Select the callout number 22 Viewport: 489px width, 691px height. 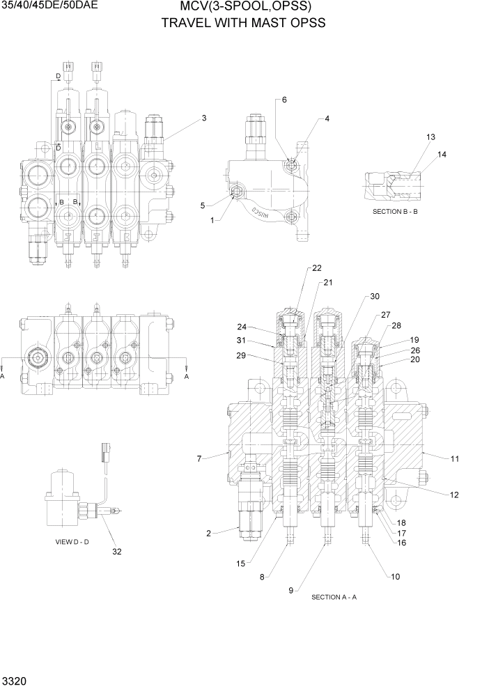click(x=317, y=268)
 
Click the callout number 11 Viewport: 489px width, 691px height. click(x=455, y=458)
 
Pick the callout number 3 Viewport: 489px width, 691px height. click(x=204, y=118)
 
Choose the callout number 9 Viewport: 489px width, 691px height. click(x=291, y=591)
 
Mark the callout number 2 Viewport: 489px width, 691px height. click(x=208, y=533)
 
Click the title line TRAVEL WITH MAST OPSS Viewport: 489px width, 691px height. click(x=244, y=22)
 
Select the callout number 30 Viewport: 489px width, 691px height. click(x=375, y=296)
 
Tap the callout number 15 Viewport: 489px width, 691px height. click(x=241, y=563)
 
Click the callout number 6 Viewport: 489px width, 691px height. click(x=284, y=100)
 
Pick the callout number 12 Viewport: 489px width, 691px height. click(x=454, y=495)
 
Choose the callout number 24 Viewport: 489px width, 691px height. click(x=242, y=326)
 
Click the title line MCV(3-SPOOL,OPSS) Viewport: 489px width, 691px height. click(x=244, y=7)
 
